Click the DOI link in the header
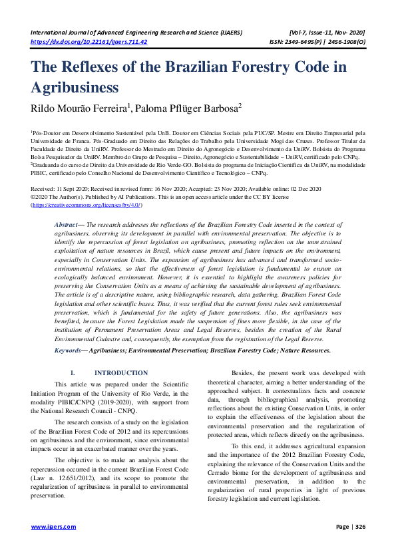tap(89, 41)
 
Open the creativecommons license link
tap(87, 206)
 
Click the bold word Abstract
tap(69, 226)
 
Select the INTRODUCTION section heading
tap(121, 373)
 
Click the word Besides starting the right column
tap(244, 373)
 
